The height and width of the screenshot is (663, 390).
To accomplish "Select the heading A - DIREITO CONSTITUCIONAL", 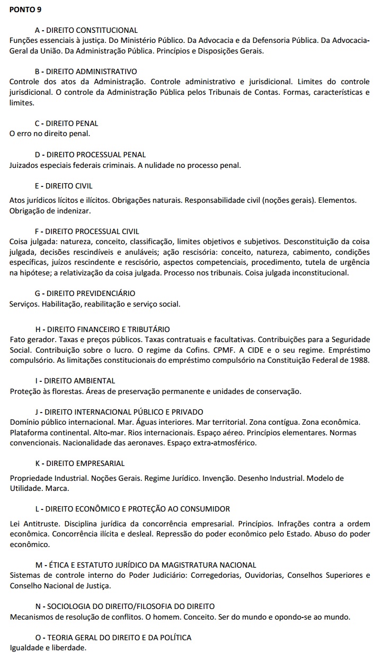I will (x=86, y=30).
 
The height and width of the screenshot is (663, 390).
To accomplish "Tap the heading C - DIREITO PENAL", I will (x=66, y=123).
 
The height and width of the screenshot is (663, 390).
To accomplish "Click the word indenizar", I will (x=75, y=210).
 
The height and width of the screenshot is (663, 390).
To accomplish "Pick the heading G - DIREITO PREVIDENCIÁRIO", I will (x=85, y=293).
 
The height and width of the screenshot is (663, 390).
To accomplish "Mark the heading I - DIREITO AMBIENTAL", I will (x=75, y=381).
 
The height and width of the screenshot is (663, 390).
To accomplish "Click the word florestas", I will (x=60, y=391).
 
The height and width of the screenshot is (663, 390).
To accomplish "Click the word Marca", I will (x=58, y=488).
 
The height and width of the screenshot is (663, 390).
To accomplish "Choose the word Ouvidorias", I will (x=263, y=575).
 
